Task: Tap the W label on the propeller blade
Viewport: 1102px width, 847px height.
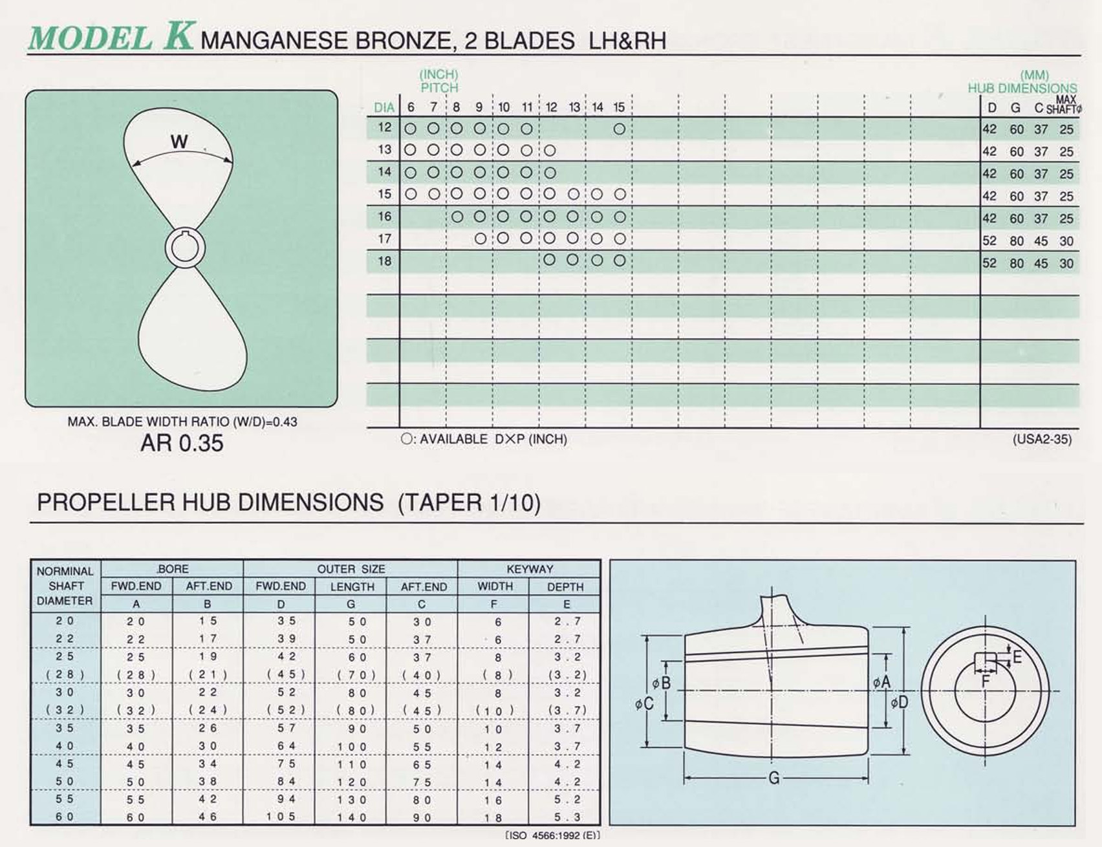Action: click(x=179, y=142)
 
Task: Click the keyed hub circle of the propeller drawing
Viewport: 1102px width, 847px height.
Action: click(x=185, y=248)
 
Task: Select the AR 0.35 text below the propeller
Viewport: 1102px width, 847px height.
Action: click(x=182, y=444)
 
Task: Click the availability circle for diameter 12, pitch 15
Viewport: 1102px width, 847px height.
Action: click(x=619, y=129)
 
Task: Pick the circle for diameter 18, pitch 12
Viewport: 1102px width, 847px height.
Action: click(x=550, y=260)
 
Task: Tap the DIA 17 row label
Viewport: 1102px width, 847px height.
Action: click(x=385, y=239)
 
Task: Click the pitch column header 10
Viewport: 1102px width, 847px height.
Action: click(x=504, y=107)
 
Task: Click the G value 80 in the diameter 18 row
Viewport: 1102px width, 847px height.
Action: click(x=1017, y=263)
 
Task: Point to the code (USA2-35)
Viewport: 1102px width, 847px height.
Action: click(x=1042, y=440)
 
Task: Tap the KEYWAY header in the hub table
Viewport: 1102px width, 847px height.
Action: click(x=529, y=569)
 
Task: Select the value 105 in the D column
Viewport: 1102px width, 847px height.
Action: click(x=281, y=817)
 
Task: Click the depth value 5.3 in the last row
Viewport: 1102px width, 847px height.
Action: click(x=567, y=817)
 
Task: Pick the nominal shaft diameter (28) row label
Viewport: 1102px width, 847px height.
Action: click(x=65, y=674)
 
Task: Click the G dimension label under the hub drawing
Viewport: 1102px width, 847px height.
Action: click(x=774, y=778)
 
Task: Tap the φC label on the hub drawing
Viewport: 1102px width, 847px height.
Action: click(x=643, y=703)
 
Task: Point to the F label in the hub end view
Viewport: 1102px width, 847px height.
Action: click(x=986, y=681)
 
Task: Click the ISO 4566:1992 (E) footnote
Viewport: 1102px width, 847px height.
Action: click(x=553, y=835)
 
